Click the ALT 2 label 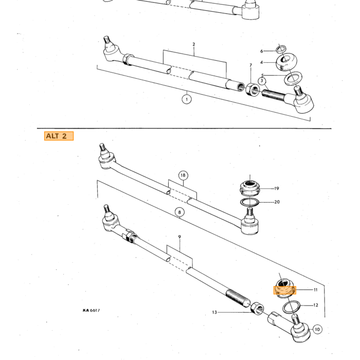(x=59, y=136)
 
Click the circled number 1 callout (x=187, y=99)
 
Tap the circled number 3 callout (x=262, y=81)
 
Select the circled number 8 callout (x=179, y=212)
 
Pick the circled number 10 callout (x=317, y=330)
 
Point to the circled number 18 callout (x=183, y=175)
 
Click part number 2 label (x=194, y=44)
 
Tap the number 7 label (x=251, y=65)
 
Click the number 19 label (x=277, y=189)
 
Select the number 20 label (x=277, y=202)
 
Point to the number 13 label (x=214, y=312)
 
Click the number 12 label (x=316, y=305)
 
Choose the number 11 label (x=316, y=290)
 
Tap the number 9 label (x=179, y=237)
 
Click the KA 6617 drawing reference (x=92, y=311)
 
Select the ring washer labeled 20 (x=249, y=202)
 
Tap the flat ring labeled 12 (x=292, y=307)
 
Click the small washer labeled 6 (x=281, y=49)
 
